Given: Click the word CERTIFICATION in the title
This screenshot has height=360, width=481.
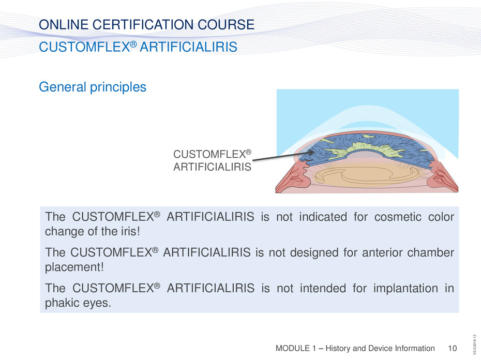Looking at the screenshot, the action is click(x=143, y=24).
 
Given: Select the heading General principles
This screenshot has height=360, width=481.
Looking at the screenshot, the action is click(x=93, y=87).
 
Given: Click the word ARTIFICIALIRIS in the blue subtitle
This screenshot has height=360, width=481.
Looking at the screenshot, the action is click(x=188, y=47).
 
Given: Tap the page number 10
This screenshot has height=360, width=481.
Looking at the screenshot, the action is click(x=452, y=348).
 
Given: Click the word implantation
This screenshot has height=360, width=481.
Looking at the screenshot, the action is click(x=405, y=289).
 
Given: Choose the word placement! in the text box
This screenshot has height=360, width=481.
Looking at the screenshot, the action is click(x=74, y=267).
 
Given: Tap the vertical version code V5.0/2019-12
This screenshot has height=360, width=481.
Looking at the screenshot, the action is click(x=474, y=344).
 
